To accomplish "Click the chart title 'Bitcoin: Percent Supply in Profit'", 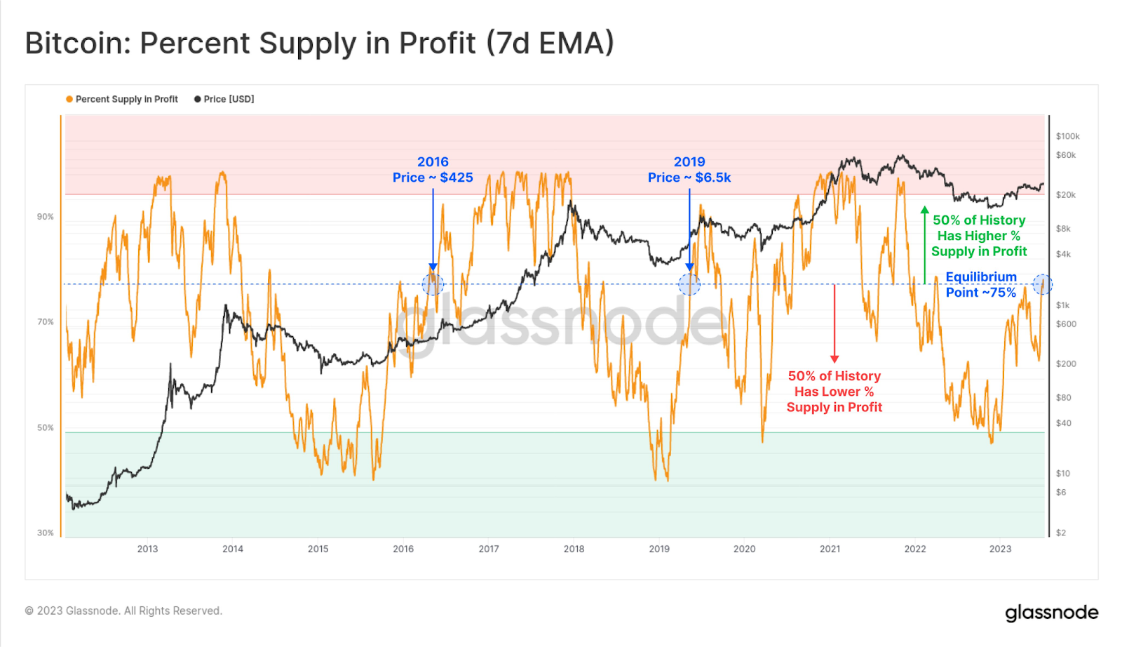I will [x=319, y=43].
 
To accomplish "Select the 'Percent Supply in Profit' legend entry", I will [x=122, y=99].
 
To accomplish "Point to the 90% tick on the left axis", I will [x=45, y=217].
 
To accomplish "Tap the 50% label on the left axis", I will [x=45, y=427].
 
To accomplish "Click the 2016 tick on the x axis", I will [x=403, y=549].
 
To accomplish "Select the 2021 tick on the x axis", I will [x=830, y=549].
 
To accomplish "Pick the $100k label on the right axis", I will [x=1067, y=136].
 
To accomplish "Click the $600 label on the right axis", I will [x=1066, y=324].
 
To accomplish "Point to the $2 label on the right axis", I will [x=1060, y=533].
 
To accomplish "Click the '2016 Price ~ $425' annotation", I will [x=433, y=170].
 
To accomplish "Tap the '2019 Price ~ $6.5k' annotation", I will [x=689, y=170].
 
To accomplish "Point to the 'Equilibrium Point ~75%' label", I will [x=980, y=285].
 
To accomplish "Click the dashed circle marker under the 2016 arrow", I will [x=433, y=284].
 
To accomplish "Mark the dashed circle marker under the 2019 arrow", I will [x=689, y=284].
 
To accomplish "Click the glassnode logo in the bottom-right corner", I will [x=1051, y=613].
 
